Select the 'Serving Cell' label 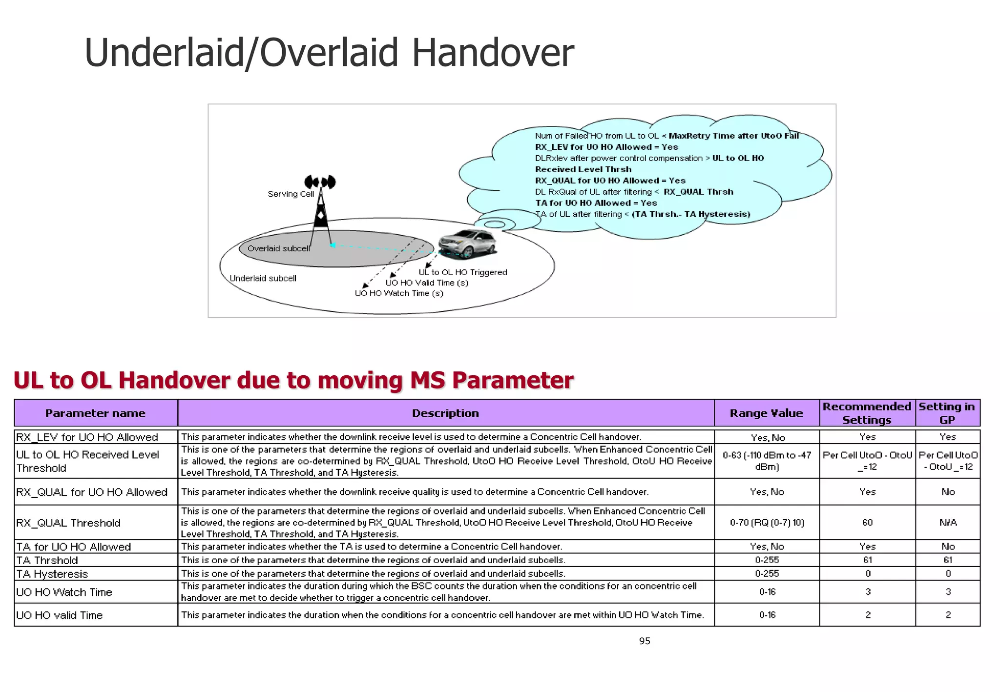[x=291, y=194]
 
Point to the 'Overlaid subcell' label [x=278, y=248]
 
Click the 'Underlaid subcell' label [x=263, y=279]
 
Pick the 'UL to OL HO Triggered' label [x=462, y=272]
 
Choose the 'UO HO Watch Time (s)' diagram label [x=399, y=293]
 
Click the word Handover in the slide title [x=493, y=53]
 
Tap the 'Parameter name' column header [x=95, y=413]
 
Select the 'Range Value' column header [x=766, y=413]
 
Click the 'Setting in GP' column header [x=947, y=413]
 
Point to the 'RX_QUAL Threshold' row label [x=68, y=523]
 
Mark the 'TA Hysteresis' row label [x=52, y=574]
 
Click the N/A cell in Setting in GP [x=948, y=523]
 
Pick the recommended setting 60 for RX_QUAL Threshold [x=867, y=523]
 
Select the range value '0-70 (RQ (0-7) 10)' [x=767, y=523]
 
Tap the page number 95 [x=645, y=641]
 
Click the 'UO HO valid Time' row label [x=59, y=615]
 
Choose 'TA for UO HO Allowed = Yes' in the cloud [x=596, y=203]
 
